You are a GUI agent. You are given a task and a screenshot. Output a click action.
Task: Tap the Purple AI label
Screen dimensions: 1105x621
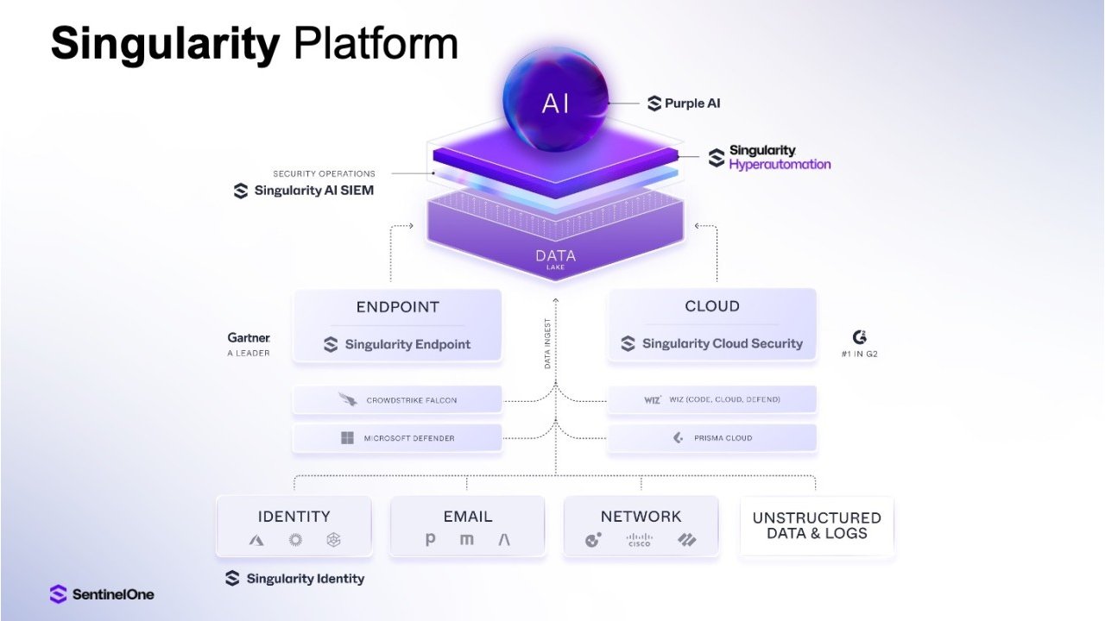point(684,103)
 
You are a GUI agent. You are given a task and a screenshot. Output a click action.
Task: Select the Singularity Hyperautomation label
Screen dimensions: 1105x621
point(769,157)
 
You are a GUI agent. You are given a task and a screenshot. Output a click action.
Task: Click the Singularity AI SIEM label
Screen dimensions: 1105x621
point(303,191)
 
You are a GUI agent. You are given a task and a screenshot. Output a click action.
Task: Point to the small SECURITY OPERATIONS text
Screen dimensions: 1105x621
point(324,173)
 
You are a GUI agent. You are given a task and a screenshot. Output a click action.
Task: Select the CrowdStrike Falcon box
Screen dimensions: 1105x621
point(397,399)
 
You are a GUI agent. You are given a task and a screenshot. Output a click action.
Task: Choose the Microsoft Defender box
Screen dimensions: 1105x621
point(397,437)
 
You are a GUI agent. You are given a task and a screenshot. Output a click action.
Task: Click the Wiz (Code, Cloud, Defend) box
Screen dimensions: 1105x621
point(712,399)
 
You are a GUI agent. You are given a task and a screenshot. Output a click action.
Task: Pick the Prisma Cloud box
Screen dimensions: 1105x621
point(712,437)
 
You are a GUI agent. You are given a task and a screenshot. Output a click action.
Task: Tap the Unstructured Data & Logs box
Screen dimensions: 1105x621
point(817,526)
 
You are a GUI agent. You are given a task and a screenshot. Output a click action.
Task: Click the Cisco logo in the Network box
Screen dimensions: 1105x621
point(640,540)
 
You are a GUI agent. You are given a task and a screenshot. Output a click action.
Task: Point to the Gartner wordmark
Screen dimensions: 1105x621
point(249,338)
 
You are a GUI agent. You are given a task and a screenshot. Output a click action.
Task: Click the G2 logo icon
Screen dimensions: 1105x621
point(860,337)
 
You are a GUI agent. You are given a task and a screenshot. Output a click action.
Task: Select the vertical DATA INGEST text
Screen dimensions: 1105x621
point(547,343)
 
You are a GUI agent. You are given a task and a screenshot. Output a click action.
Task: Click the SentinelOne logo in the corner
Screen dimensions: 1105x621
point(102,594)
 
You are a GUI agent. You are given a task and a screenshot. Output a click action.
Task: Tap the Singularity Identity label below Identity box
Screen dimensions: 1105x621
point(294,579)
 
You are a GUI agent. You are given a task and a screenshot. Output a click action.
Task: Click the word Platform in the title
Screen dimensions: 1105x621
point(376,43)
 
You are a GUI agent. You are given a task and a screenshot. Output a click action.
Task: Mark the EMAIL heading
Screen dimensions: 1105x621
point(468,517)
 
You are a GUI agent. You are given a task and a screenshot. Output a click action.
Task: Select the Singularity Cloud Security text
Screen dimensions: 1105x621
point(723,343)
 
